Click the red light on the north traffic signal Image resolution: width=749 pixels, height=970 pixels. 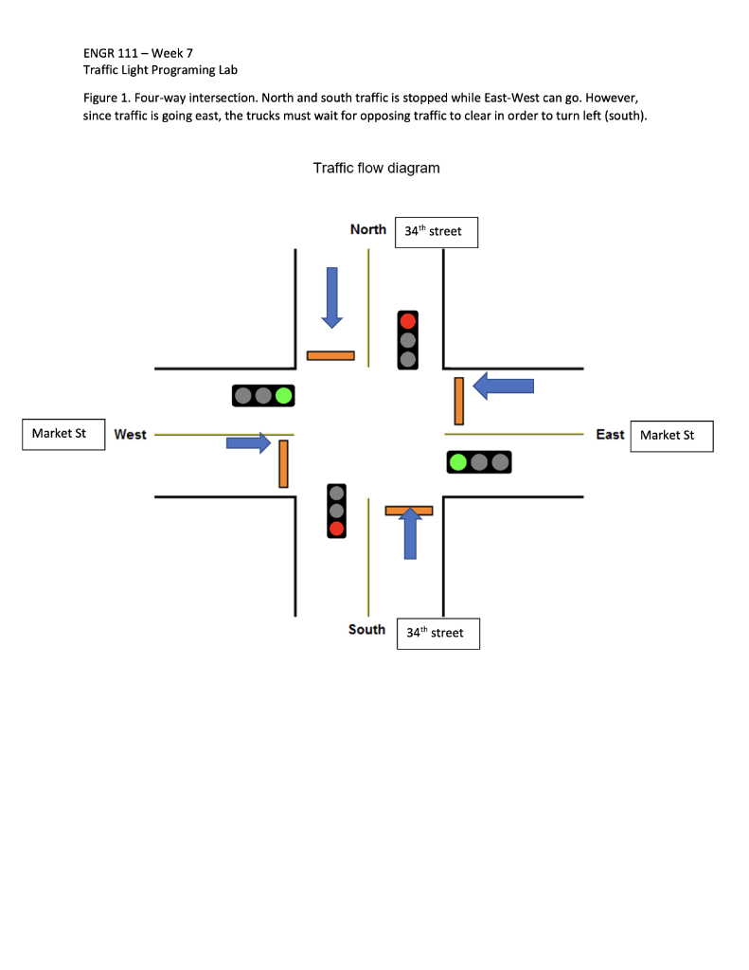point(408,321)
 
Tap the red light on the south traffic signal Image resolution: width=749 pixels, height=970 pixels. point(336,529)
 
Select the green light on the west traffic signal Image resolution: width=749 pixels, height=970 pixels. point(283,395)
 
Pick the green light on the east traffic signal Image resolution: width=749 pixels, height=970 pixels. point(459,462)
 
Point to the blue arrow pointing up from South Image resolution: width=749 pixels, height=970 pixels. point(410,534)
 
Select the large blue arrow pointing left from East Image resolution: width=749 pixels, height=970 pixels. point(503,386)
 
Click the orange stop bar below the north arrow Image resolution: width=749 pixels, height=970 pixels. point(330,356)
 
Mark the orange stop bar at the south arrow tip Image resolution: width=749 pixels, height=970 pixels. point(409,511)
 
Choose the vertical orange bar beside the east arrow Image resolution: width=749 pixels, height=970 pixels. point(458,401)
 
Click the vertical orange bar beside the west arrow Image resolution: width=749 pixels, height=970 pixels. point(283,464)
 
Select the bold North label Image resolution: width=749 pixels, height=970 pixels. point(368,229)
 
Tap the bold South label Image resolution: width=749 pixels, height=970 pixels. point(366,630)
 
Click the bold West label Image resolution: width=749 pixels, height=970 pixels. point(131,435)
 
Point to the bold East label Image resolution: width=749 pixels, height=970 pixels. point(610,435)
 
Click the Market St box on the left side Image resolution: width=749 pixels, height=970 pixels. point(63,434)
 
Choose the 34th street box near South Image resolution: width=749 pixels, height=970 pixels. point(437,633)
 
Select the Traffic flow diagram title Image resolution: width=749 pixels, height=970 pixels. point(376,169)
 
